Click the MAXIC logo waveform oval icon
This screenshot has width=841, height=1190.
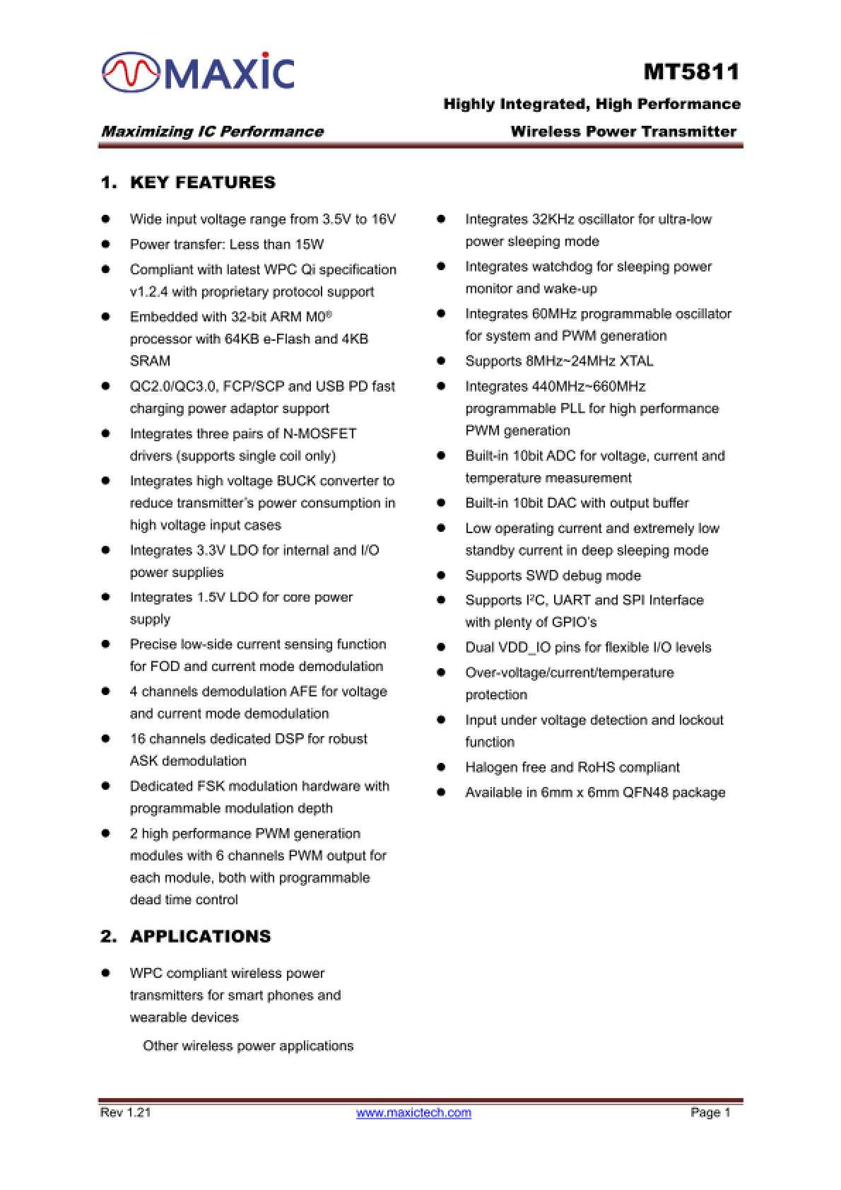coord(131,72)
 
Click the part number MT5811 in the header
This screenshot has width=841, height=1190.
coord(691,72)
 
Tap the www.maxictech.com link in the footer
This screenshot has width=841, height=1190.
coord(413,1112)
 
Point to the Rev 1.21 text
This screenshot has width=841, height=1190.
coord(126,1112)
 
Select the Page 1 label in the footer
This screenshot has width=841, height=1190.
coord(710,1112)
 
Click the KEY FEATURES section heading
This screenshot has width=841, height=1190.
coord(203,182)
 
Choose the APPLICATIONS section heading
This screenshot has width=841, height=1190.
coord(200,936)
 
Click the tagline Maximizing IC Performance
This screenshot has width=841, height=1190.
coord(212,132)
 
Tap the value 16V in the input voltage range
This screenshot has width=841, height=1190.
coord(384,219)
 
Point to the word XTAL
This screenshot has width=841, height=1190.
coord(636,361)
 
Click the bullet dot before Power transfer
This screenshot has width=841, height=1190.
coord(106,245)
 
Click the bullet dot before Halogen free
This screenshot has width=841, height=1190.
coord(441,767)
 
